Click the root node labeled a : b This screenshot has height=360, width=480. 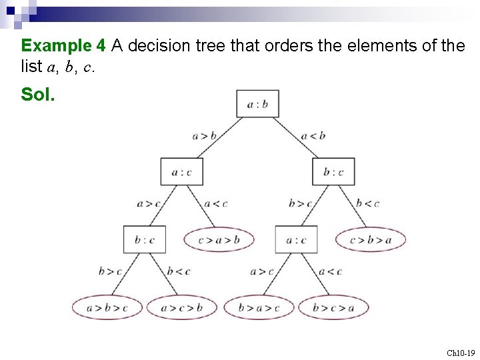[257, 103]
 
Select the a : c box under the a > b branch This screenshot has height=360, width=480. [181, 171]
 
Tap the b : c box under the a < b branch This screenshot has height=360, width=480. [333, 171]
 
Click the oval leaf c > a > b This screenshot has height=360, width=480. [219, 239]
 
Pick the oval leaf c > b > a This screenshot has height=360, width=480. [371, 239]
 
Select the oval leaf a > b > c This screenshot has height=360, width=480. [107, 307]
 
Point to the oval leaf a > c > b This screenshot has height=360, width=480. [182, 307]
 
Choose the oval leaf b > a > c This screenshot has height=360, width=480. [259, 307]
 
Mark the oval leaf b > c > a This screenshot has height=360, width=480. [333, 307]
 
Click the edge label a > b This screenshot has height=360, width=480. [205, 136]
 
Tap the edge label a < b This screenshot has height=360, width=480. [313, 136]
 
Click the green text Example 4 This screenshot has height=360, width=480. [63, 45]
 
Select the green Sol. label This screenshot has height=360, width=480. [38, 95]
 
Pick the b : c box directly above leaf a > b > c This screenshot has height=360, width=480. [144, 239]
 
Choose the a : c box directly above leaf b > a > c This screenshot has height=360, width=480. [296, 239]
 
